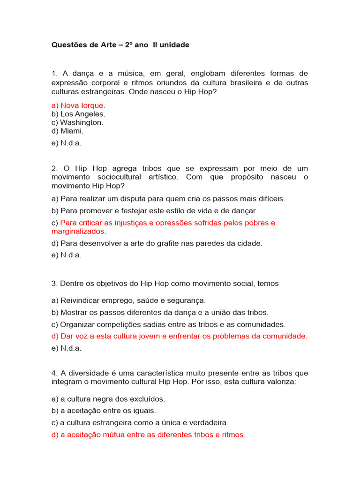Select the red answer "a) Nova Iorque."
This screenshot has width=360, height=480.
tap(78, 105)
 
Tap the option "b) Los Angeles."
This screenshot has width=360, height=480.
tap(78, 114)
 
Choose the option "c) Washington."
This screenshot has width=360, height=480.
tap(77, 122)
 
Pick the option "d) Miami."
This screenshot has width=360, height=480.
tap(67, 131)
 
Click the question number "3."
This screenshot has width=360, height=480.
tap(54, 284)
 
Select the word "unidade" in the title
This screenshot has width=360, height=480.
tap(175, 45)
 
